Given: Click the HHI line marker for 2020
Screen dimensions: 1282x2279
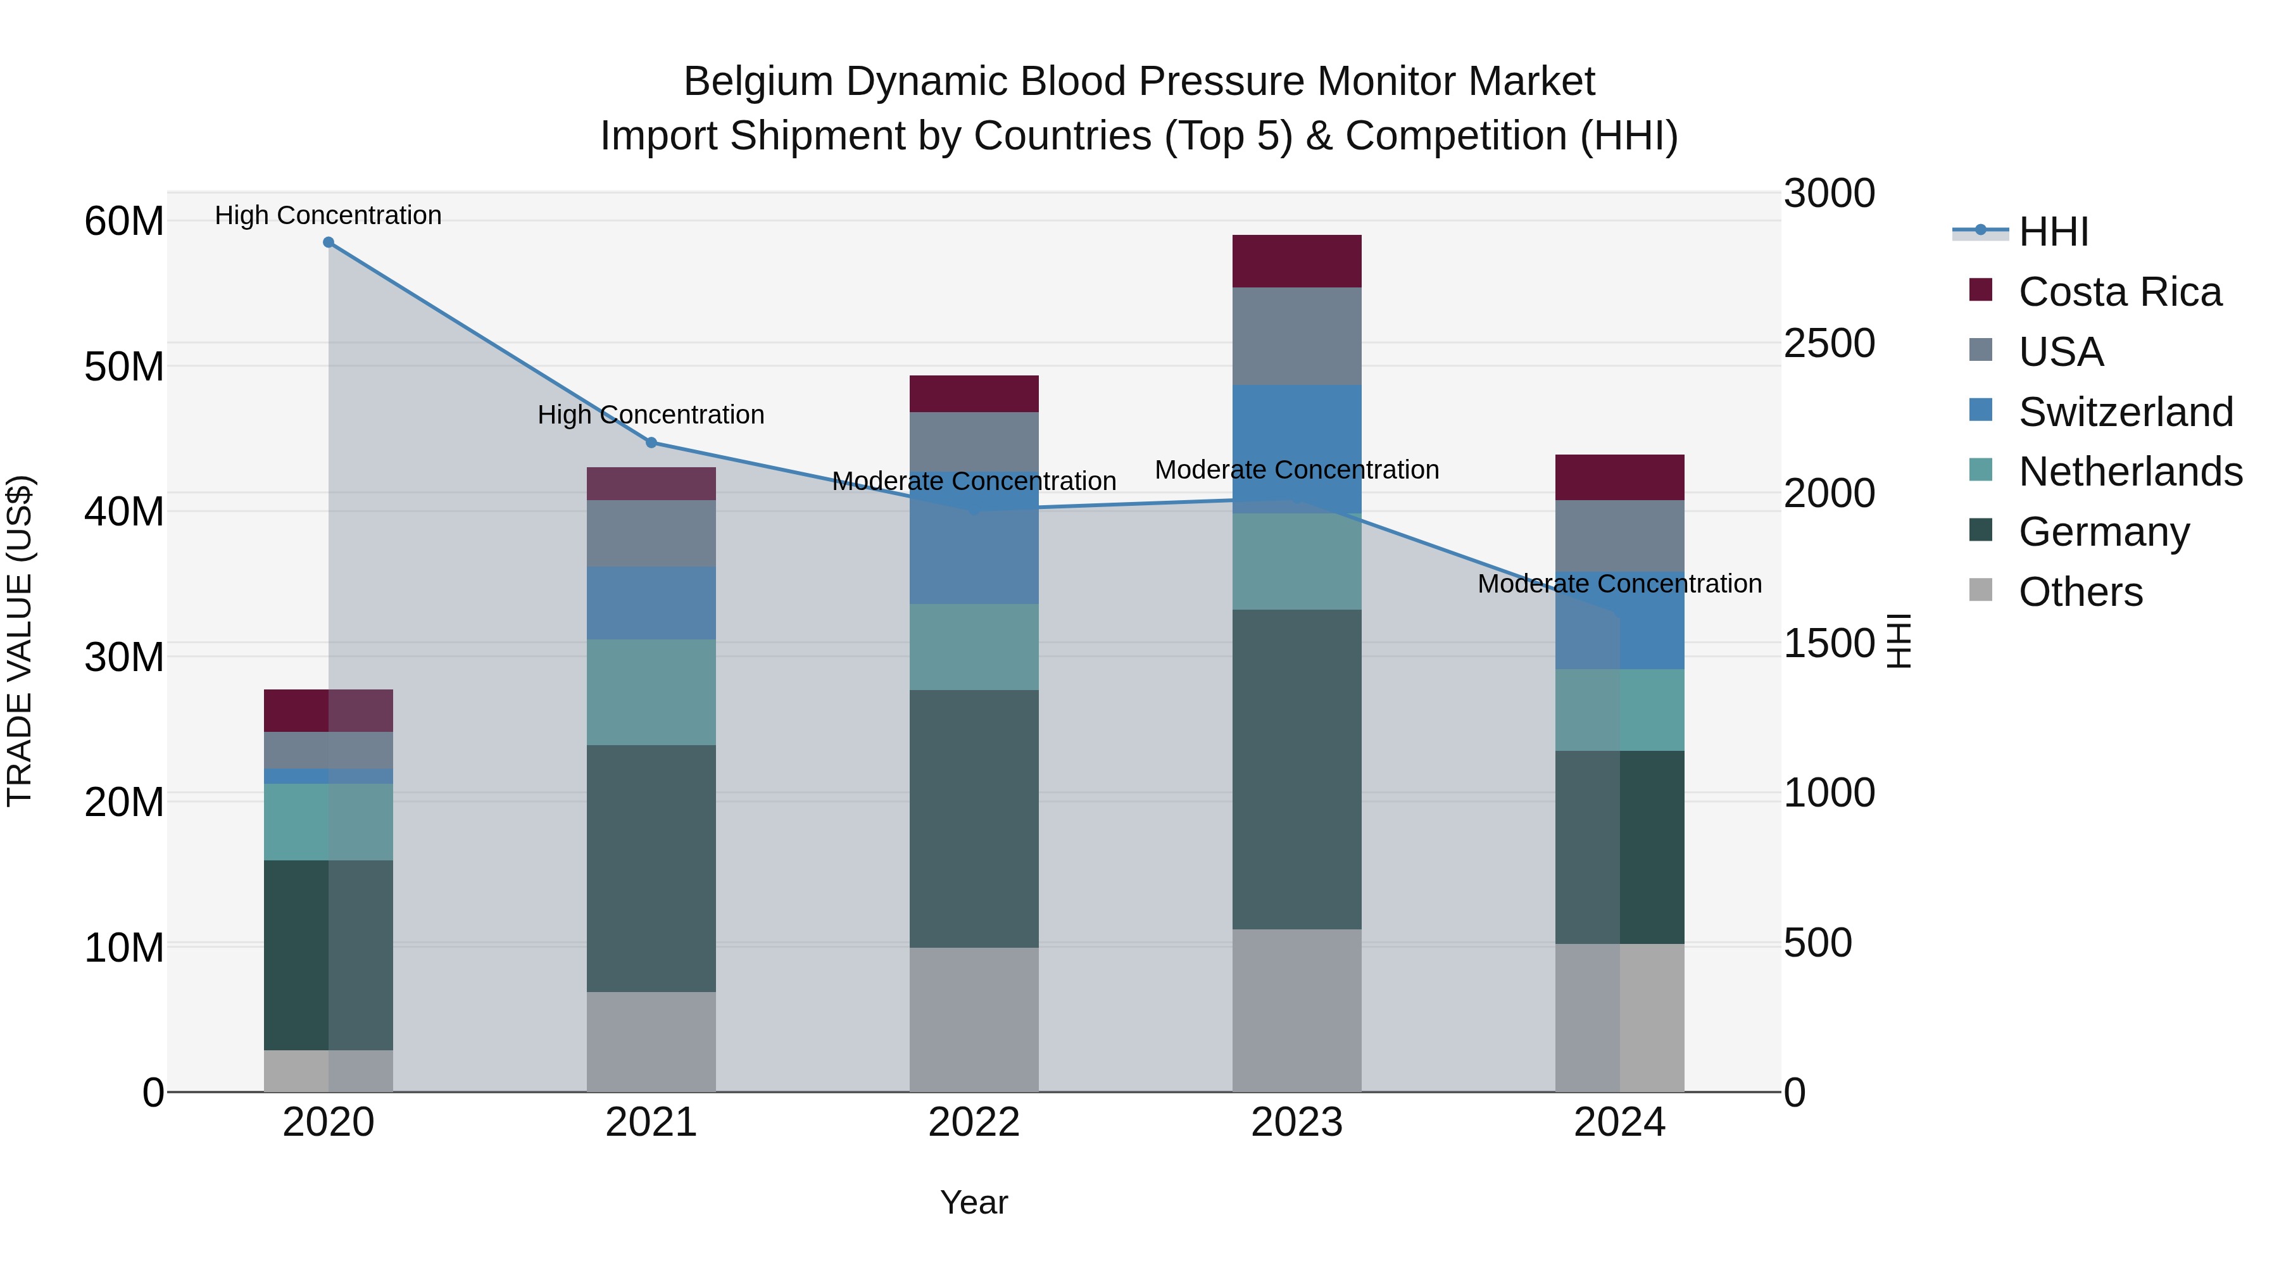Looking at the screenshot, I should [328, 242].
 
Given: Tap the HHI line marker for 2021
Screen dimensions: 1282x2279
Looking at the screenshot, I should [651, 443].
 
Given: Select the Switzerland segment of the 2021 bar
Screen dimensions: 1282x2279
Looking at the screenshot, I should [651, 603].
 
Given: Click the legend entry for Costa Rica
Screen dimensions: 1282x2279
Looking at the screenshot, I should [2119, 292].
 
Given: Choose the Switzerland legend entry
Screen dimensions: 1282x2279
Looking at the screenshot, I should [2125, 412].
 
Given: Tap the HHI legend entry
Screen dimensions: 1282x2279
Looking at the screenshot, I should [2052, 232].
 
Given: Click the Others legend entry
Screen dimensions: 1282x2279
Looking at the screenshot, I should [2080, 592].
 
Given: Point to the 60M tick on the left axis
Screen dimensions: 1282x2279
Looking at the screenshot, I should [124, 221].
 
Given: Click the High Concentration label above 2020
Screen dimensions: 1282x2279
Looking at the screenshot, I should [328, 215].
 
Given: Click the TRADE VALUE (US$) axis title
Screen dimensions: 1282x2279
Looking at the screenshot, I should [20, 641].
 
